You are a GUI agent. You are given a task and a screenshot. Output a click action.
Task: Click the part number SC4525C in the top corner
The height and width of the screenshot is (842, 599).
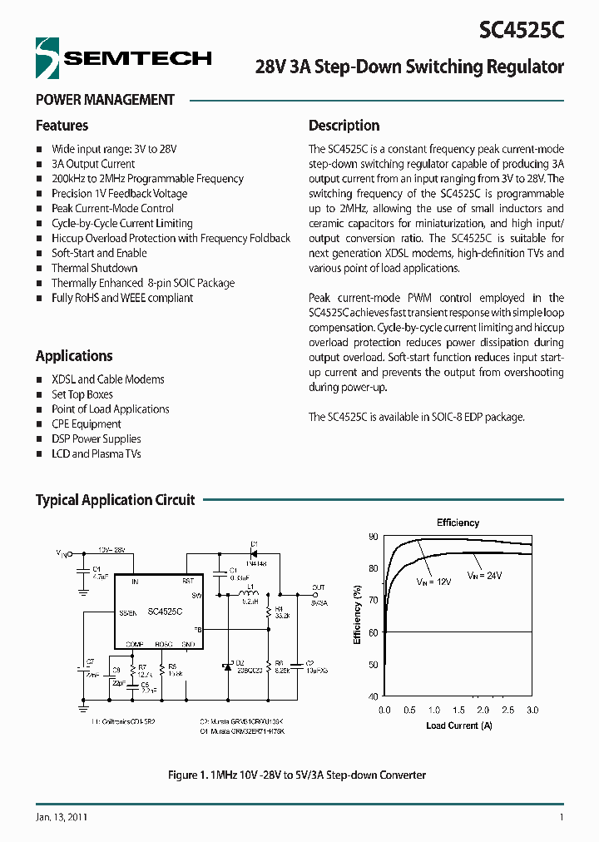(x=522, y=30)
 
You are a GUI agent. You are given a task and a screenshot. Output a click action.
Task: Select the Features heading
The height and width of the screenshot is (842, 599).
(x=62, y=126)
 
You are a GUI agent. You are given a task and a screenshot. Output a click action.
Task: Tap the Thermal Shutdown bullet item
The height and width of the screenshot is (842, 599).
(x=94, y=268)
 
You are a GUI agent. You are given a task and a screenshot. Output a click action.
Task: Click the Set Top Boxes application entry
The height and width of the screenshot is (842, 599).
(x=82, y=394)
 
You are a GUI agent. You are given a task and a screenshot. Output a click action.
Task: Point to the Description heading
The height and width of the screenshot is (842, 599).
(x=344, y=126)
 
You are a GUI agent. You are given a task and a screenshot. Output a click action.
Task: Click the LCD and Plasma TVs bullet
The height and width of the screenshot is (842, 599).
(x=96, y=453)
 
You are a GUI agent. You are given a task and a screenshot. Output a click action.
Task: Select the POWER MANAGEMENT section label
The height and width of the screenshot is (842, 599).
(x=105, y=100)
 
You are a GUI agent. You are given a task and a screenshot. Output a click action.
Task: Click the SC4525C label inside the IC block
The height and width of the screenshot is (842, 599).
(x=165, y=611)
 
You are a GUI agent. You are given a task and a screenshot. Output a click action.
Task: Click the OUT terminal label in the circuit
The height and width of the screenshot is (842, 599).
(x=318, y=587)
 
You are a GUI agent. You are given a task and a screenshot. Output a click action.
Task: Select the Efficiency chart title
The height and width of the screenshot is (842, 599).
(x=458, y=523)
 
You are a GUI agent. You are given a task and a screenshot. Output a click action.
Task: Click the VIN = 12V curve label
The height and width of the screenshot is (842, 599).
(x=433, y=582)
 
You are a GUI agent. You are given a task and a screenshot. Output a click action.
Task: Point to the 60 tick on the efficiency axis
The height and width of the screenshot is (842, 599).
(x=373, y=632)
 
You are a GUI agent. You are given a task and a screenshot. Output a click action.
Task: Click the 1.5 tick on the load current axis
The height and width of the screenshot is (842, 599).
(x=458, y=710)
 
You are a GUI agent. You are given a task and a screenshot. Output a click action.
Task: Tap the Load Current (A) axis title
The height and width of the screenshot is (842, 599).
(x=458, y=726)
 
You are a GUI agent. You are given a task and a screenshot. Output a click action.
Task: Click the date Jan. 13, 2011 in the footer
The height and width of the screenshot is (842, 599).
(x=62, y=817)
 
